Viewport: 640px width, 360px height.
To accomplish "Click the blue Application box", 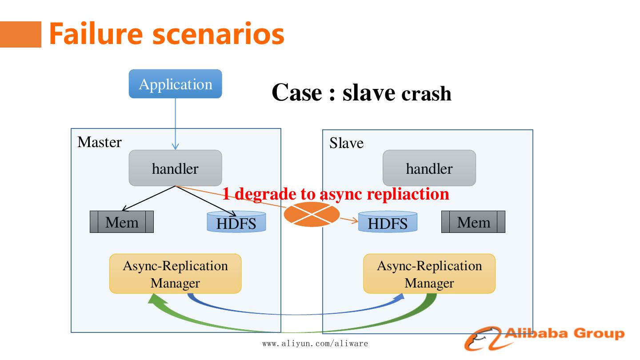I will [x=175, y=84].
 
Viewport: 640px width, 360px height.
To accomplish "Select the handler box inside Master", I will [x=175, y=168].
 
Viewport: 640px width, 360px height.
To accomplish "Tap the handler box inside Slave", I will [x=429, y=168].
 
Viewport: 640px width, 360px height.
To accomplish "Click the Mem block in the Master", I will [x=122, y=222].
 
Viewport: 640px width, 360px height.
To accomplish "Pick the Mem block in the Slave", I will [x=473, y=222].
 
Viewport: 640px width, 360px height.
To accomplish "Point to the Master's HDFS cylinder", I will [x=236, y=222].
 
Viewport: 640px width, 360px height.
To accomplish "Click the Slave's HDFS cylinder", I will [x=388, y=222].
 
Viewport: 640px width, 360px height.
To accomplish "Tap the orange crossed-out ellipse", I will [x=311, y=214].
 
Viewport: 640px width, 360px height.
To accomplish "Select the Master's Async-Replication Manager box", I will [x=175, y=274].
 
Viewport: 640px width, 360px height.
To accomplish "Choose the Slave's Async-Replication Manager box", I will [x=429, y=274].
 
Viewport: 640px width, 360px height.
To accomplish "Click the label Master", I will [x=99, y=142].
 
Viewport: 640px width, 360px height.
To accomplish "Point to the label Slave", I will [x=346, y=143].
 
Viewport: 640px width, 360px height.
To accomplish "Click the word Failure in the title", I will [x=97, y=34].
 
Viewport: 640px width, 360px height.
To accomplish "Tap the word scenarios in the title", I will [x=218, y=34].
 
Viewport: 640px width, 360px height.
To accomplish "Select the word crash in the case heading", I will [x=426, y=94].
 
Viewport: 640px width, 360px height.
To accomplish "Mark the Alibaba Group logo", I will [x=544, y=337].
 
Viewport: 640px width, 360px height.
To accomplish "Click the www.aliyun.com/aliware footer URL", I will [x=315, y=344].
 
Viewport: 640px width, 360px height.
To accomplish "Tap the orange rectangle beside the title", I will [x=20, y=34].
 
